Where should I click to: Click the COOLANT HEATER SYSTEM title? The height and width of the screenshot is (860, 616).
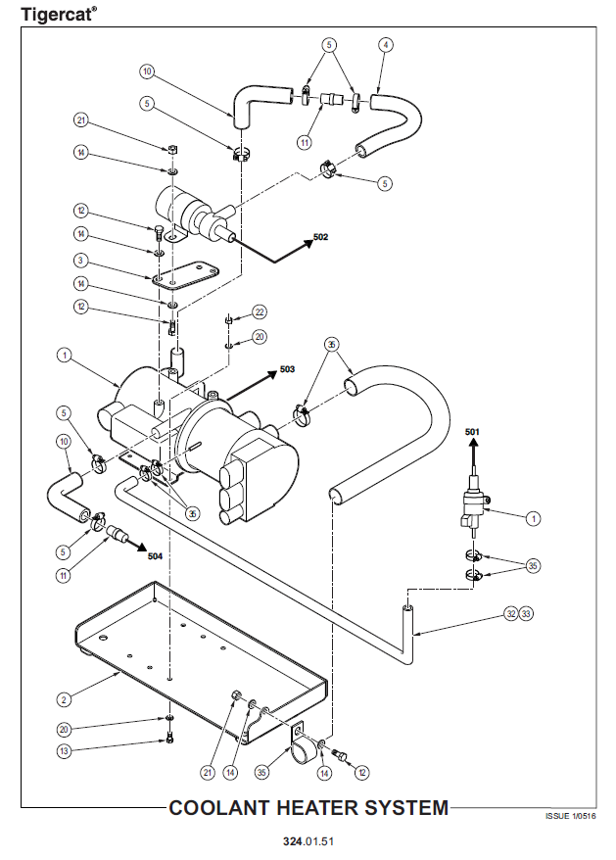point(308,808)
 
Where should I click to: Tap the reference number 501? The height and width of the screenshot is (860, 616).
point(472,432)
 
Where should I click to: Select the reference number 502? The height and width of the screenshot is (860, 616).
point(321,238)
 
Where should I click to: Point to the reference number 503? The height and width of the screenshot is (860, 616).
point(287,369)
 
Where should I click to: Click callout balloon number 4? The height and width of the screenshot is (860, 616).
point(386,45)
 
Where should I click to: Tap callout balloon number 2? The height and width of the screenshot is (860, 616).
point(64,699)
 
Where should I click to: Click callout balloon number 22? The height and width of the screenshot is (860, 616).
point(260,311)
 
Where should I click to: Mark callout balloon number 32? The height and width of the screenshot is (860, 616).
point(510,613)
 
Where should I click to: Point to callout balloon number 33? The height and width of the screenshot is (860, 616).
point(526,613)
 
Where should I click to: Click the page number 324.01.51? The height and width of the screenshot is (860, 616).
point(308,842)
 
